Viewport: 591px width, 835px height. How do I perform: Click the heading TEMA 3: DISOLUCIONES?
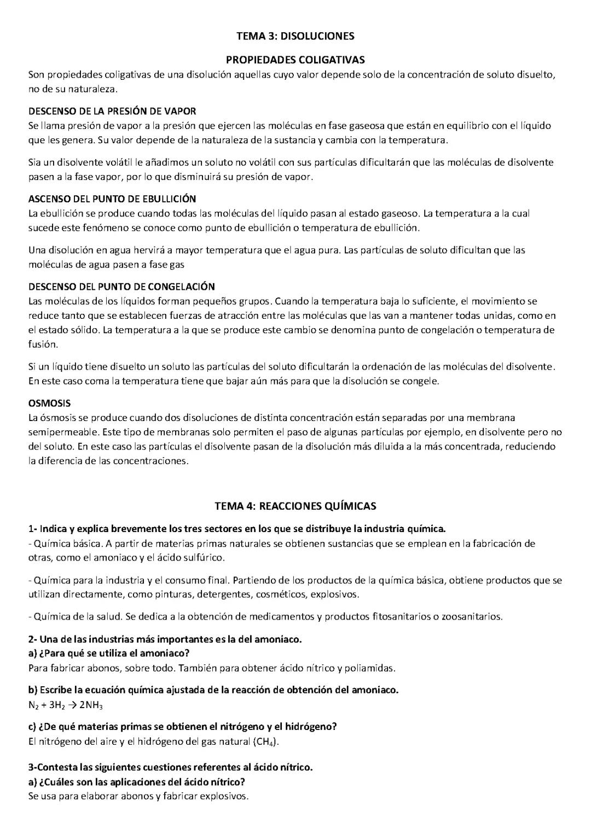[295, 36]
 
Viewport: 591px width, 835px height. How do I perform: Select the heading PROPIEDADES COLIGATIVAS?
[295, 60]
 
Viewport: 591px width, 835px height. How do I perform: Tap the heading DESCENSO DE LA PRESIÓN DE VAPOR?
[112, 111]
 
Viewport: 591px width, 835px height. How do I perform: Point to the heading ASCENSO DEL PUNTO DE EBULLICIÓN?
[112, 198]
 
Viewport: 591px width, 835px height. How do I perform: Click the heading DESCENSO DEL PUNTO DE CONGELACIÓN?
[121, 287]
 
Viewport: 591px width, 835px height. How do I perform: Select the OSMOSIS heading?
[49, 403]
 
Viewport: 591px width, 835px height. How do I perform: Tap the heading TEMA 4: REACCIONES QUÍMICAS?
[295, 506]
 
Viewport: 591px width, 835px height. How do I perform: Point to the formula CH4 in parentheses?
[266, 742]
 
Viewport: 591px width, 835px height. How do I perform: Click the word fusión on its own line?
[43, 344]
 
